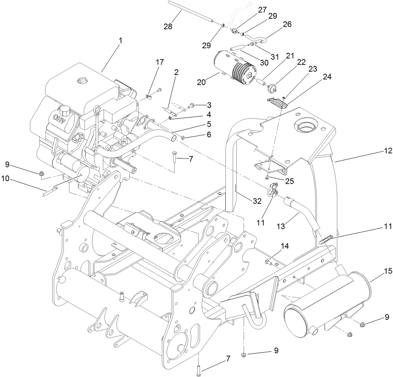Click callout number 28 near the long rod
coord(168,26)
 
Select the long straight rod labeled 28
coord(190,12)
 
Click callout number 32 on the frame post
coord(257,201)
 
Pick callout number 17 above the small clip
coord(160,62)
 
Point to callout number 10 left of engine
coord(5,178)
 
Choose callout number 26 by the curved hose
coord(287,24)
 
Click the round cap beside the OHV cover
coord(65,111)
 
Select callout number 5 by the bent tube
coord(209,124)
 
